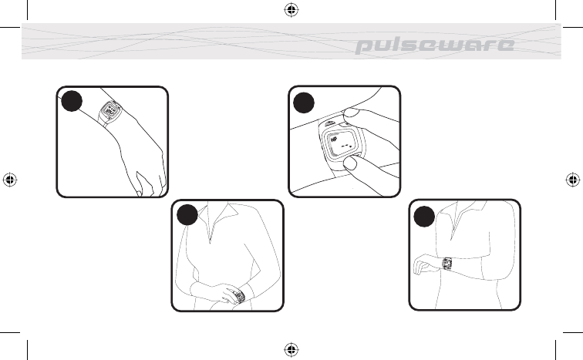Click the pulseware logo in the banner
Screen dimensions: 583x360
(x=435, y=45)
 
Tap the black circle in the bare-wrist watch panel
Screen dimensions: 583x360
(x=72, y=101)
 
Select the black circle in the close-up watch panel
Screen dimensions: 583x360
(x=304, y=103)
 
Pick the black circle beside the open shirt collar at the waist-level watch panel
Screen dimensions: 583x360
(x=187, y=215)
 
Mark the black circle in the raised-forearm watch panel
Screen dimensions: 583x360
(x=424, y=217)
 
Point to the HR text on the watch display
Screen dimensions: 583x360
(x=334, y=140)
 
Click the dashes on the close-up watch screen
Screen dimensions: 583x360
(x=346, y=146)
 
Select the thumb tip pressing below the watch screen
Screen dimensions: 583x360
(x=350, y=163)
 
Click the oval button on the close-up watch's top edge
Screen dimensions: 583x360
(x=330, y=124)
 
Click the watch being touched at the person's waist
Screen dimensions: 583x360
(x=239, y=297)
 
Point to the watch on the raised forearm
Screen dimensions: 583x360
(x=447, y=264)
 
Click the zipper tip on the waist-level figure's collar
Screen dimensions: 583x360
(x=210, y=241)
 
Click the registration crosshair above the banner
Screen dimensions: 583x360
(x=291, y=10)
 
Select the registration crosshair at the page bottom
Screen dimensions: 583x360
(x=291, y=350)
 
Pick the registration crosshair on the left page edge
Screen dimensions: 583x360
(x=10, y=180)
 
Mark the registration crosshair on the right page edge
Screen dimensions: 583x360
(x=573, y=180)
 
